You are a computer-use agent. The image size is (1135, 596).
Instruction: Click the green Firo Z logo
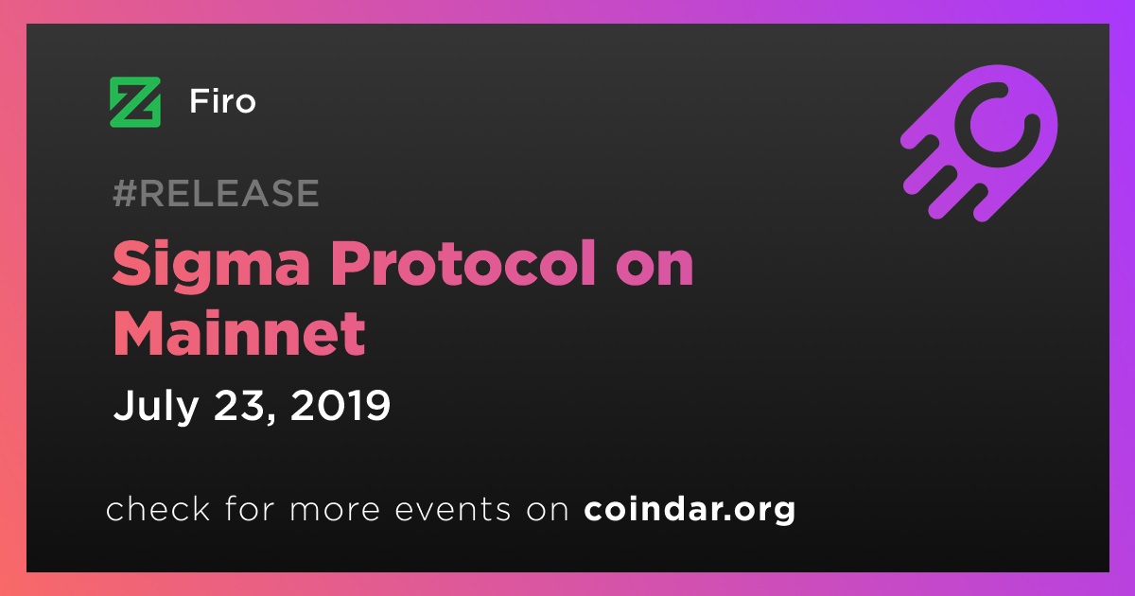pos(135,102)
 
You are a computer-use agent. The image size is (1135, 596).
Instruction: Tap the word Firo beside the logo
pos(222,101)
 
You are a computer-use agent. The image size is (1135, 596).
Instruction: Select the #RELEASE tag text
pos(216,193)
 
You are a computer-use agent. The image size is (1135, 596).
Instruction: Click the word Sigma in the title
pos(211,266)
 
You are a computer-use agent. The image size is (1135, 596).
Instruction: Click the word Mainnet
pos(239,333)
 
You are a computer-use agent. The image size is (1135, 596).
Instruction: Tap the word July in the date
pos(155,406)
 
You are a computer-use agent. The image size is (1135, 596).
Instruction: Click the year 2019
pos(340,405)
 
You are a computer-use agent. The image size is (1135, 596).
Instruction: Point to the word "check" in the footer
pos(158,508)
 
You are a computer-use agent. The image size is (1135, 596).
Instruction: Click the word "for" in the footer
pos(250,508)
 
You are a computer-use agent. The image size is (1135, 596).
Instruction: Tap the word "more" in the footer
pos(335,512)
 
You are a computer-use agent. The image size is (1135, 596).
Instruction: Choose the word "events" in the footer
pos(452,510)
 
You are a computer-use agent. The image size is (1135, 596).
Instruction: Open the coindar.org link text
pos(690,510)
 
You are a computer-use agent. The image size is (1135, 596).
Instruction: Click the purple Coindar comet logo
pos(980,143)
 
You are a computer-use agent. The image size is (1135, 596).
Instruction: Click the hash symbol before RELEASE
pos(125,193)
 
